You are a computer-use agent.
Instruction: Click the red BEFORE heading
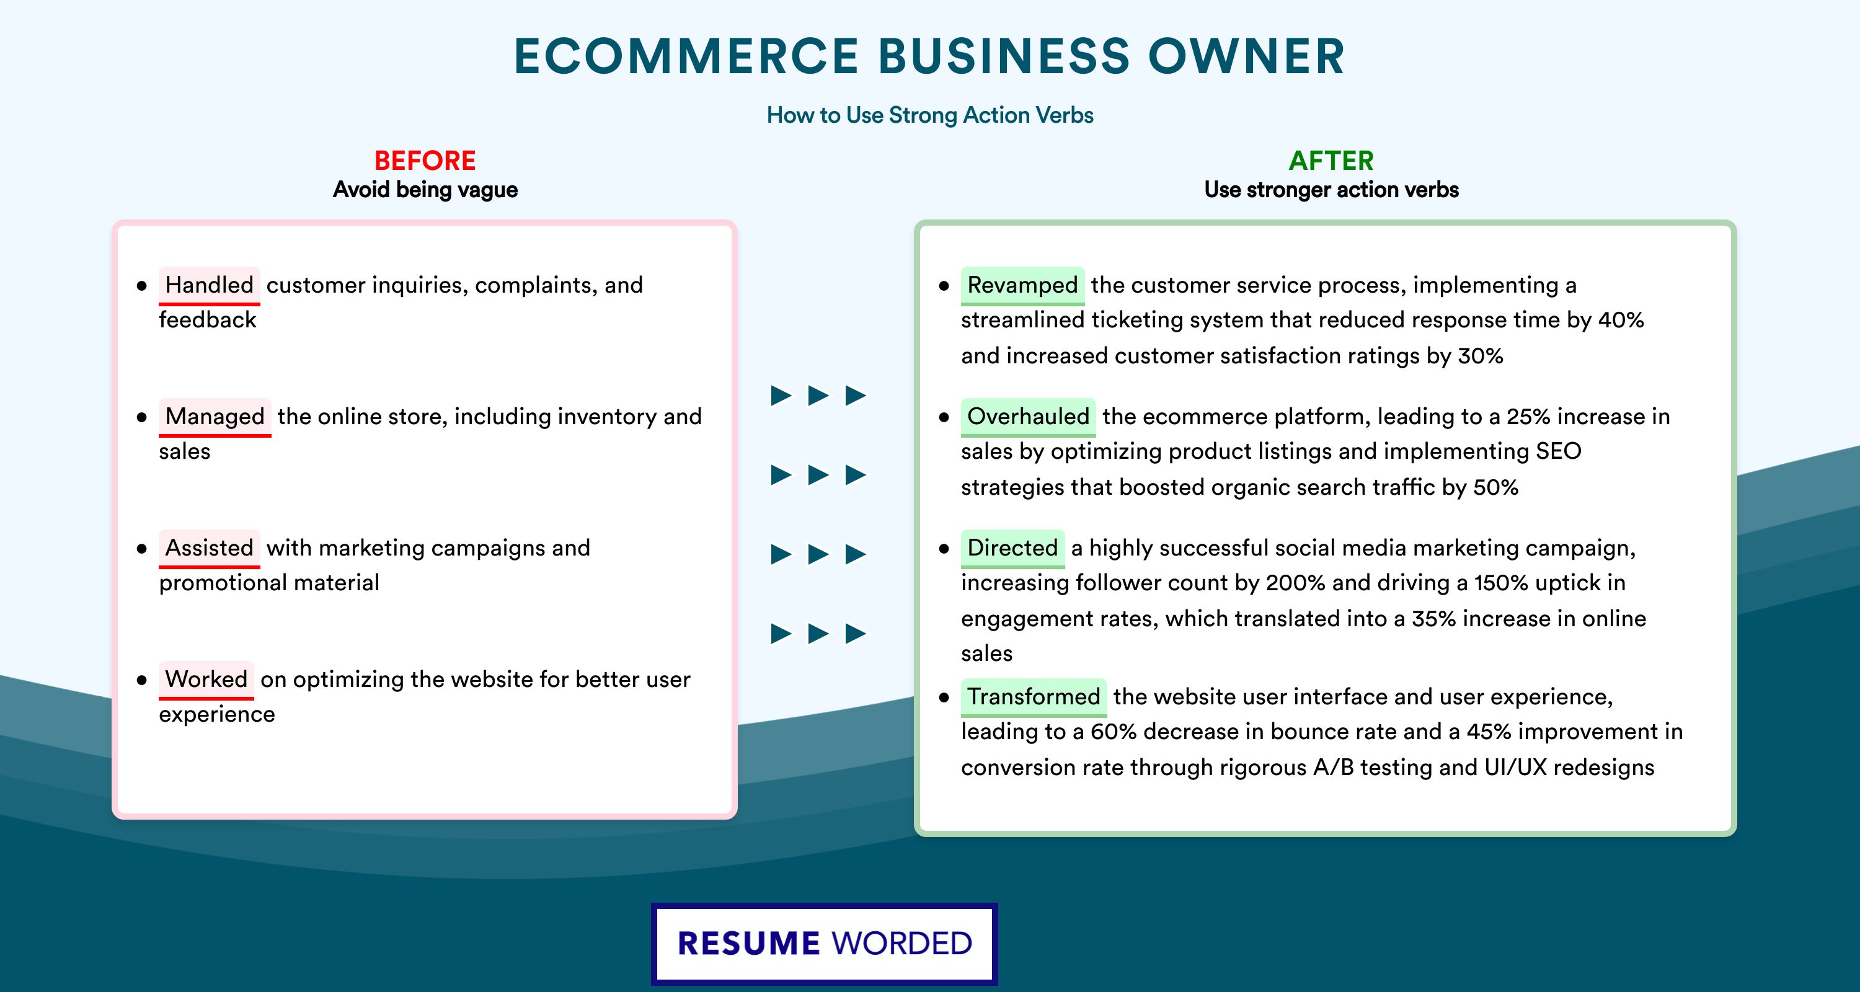[425, 161]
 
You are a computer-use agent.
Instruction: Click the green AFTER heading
[1331, 161]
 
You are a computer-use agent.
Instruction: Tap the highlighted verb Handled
[210, 285]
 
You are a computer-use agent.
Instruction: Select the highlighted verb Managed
[215, 417]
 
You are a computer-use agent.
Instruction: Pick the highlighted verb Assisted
[210, 548]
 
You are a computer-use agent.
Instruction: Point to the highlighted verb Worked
[206, 680]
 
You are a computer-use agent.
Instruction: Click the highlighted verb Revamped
[1022, 285]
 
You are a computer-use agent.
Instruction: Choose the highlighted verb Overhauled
[1028, 417]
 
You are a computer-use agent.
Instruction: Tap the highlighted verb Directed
[1012, 548]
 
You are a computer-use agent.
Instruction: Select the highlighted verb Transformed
[1034, 697]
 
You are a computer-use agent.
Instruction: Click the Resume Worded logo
[825, 944]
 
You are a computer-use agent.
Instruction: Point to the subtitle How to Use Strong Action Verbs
[930, 115]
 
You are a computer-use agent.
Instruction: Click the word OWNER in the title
[1247, 56]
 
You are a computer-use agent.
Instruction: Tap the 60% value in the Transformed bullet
[1114, 732]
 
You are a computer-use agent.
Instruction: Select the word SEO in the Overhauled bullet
[1558, 451]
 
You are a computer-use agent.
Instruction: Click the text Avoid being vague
[425, 190]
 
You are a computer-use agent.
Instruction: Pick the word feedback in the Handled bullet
[207, 320]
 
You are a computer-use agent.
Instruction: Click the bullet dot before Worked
[141, 680]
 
